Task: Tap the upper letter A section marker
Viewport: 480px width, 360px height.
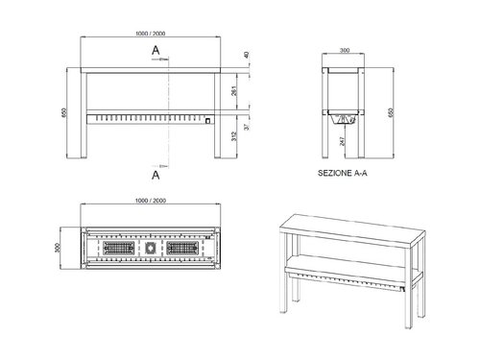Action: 155,48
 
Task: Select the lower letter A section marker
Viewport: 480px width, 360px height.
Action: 155,176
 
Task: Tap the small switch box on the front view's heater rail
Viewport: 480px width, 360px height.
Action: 207,121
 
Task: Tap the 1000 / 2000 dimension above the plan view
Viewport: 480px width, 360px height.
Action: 153,200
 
